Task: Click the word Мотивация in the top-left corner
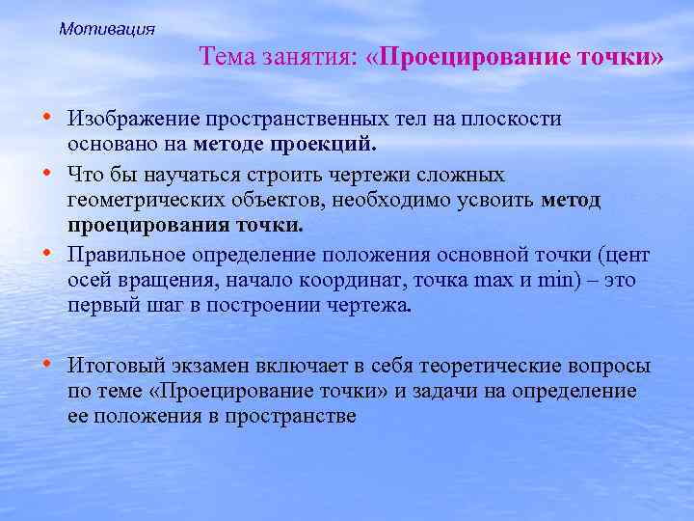pyautogui.click(x=106, y=29)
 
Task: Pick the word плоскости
pyautogui.click(x=520, y=119)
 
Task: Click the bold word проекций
pyautogui.click(x=336, y=145)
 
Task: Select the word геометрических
pyautogui.click(x=142, y=201)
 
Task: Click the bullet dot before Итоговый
pyautogui.click(x=47, y=364)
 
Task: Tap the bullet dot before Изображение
pyautogui.click(x=47, y=116)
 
